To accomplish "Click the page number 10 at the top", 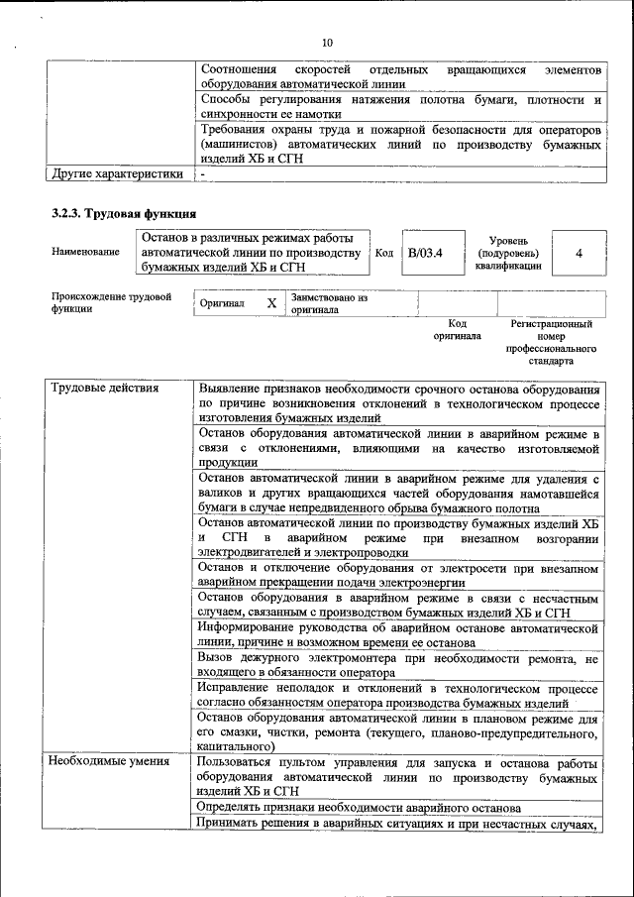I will [x=327, y=42].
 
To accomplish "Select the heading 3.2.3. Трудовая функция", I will [x=124, y=213].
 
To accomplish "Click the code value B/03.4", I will [x=424, y=253].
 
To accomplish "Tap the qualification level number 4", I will [x=578, y=253].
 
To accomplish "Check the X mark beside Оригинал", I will [x=270, y=303].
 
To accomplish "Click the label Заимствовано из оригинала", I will [x=329, y=303].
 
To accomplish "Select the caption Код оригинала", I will [x=457, y=330].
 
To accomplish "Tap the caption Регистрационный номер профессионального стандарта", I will [x=551, y=342].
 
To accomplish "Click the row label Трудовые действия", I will [x=104, y=388].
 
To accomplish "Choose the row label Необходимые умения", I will [x=111, y=762].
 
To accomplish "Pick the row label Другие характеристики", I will [x=117, y=174].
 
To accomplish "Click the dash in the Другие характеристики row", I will [x=202, y=174].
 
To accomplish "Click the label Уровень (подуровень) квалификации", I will [x=508, y=253].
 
